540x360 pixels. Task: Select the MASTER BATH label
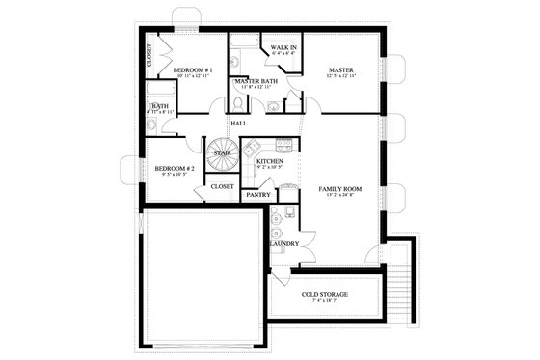point(256,82)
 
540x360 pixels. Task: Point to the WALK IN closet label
point(283,47)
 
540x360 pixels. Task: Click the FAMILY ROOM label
point(339,189)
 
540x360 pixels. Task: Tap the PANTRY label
point(257,195)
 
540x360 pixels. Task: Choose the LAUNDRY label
point(284,243)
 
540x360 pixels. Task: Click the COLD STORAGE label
point(324,294)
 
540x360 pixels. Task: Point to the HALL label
point(238,124)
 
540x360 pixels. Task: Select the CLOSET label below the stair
point(222,186)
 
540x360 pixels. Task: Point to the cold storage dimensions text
point(324,302)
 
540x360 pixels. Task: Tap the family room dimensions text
point(339,197)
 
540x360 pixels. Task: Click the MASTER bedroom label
point(340,70)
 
